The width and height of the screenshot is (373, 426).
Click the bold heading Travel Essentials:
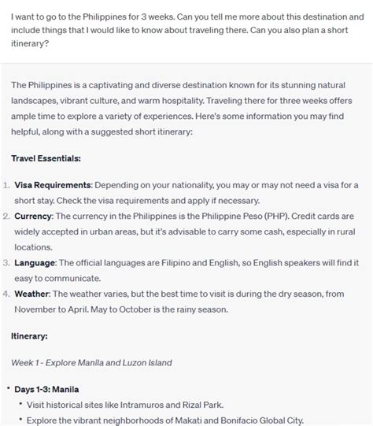46,158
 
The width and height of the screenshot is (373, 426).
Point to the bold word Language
35,261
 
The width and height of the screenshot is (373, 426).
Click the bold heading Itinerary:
29,336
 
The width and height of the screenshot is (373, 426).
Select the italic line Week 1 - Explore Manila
91,362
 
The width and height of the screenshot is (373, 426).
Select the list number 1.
6,184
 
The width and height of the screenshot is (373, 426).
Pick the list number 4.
6,293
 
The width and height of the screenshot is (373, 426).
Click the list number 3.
6,261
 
